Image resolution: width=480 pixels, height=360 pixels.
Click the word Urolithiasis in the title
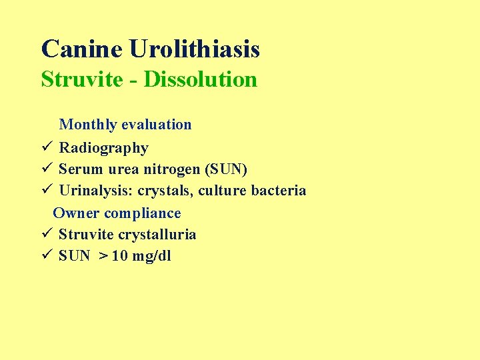coord(195,49)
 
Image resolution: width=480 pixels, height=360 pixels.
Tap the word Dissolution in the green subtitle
coord(200,79)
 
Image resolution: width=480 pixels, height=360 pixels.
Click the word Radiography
coord(103,148)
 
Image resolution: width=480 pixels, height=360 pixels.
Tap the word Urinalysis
coord(96,191)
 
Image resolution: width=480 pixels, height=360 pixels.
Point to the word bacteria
coord(279,191)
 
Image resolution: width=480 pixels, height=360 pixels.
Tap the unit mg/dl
coord(152,257)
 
